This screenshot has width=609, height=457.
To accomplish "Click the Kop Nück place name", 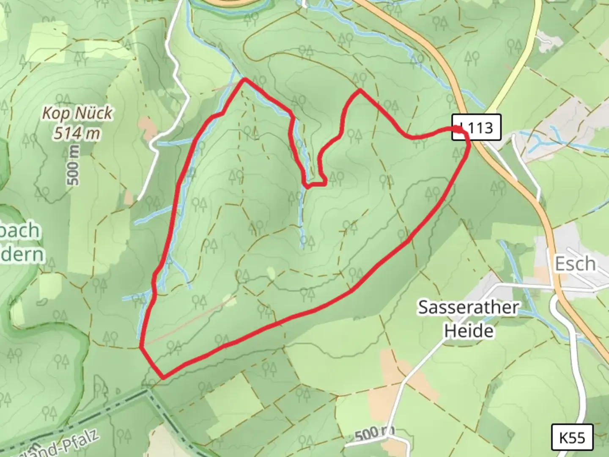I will point(77,113).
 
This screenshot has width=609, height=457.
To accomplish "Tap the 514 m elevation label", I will point(77,133).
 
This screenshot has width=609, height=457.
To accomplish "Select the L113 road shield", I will point(477,127).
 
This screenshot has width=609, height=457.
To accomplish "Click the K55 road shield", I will point(573,438).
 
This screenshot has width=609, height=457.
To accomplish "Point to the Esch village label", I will point(575,264).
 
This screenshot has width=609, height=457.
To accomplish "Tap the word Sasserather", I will point(468,307).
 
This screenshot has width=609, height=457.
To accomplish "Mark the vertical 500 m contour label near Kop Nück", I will point(73,165).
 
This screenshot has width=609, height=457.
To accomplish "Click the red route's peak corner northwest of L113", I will point(360,90).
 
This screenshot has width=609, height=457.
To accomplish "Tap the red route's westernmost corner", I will point(141,347).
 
